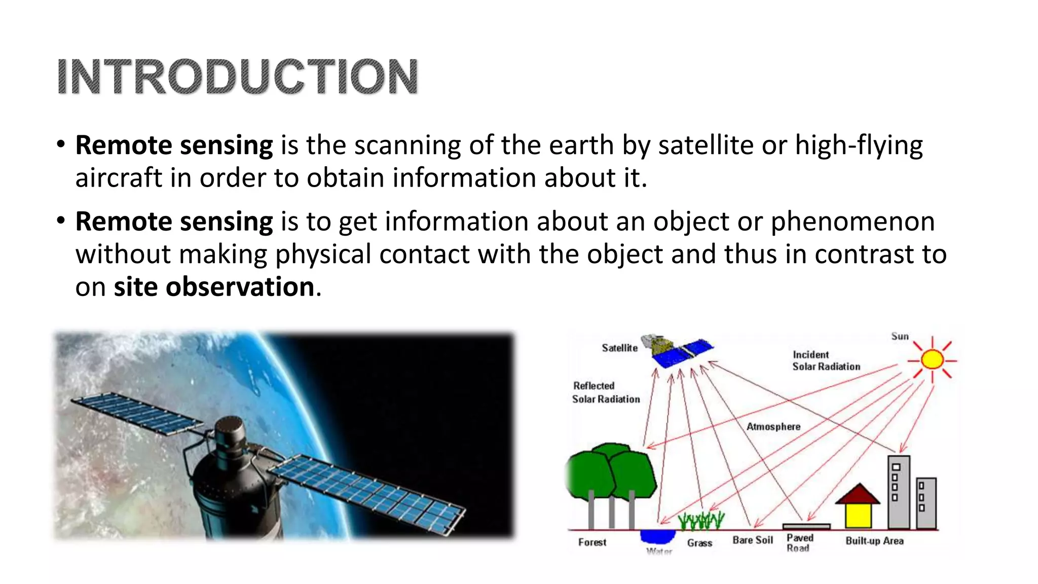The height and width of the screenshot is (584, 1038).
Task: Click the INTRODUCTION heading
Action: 237,77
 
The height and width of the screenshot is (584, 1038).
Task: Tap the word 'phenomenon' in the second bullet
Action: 852,222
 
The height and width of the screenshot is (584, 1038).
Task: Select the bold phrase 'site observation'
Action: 214,287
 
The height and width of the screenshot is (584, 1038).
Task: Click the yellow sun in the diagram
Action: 932,360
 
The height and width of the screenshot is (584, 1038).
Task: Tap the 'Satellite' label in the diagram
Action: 619,348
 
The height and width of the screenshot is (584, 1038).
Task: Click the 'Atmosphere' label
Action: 773,427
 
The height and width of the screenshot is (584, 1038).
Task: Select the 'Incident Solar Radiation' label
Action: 826,360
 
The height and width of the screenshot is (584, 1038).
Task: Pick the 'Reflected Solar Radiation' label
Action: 606,392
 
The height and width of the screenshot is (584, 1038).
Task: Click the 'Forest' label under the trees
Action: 592,542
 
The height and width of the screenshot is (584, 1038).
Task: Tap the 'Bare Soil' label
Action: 753,540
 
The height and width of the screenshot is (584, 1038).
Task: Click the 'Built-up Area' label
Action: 874,540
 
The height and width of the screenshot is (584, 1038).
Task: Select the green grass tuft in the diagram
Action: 701,520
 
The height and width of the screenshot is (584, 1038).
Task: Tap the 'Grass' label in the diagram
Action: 699,543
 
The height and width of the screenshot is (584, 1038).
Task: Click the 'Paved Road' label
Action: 799,542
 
